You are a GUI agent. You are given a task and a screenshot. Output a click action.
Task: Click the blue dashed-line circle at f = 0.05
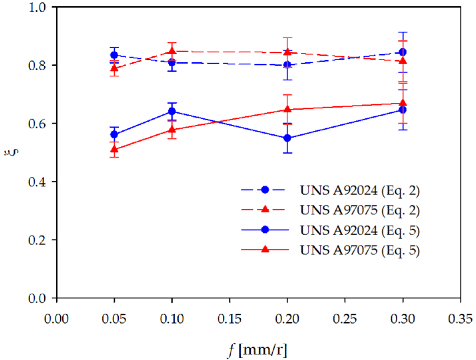pyautogui.click(x=114, y=55)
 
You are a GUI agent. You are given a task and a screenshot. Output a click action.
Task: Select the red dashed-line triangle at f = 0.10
pyautogui.click(x=172, y=51)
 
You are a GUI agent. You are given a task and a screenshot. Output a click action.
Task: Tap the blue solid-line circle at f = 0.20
pyautogui.click(x=287, y=138)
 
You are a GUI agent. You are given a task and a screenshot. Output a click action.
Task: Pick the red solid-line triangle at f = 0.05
pyautogui.click(x=114, y=149)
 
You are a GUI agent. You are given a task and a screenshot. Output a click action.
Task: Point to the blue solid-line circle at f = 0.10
pyautogui.click(x=172, y=111)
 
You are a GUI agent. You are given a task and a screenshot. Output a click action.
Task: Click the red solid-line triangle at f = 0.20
pyautogui.click(x=287, y=109)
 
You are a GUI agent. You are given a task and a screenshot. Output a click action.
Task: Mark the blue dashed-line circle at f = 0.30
pyautogui.click(x=402, y=52)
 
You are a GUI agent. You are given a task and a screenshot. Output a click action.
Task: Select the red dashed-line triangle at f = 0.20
pyautogui.click(x=287, y=52)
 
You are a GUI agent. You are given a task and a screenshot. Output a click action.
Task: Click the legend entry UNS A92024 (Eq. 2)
pyautogui.click(x=359, y=190)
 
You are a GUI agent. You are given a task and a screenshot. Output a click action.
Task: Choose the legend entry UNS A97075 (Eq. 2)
pyautogui.click(x=359, y=210)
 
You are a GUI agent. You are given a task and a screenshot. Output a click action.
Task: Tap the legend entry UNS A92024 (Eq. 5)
pyautogui.click(x=359, y=230)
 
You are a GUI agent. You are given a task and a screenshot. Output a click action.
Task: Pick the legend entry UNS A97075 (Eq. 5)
pyautogui.click(x=359, y=250)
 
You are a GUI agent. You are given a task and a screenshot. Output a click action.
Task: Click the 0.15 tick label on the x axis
pyautogui.click(x=229, y=319)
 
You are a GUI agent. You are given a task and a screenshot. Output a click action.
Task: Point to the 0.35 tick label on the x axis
pyautogui.click(x=460, y=319)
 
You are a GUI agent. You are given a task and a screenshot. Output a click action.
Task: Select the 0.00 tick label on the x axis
pyautogui.click(x=57, y=319)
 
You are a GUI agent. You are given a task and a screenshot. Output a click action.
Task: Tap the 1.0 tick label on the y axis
pyautogui.click(x=37, y=7)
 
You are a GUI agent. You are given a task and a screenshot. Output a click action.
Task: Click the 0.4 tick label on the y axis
pyautogui.click(x=37, y=182)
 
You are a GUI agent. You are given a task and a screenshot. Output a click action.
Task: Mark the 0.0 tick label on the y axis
pyautogui.click(x=37, y=298)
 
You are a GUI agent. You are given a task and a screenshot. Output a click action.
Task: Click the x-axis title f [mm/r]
pyautogui.click(x=257, y=350)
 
